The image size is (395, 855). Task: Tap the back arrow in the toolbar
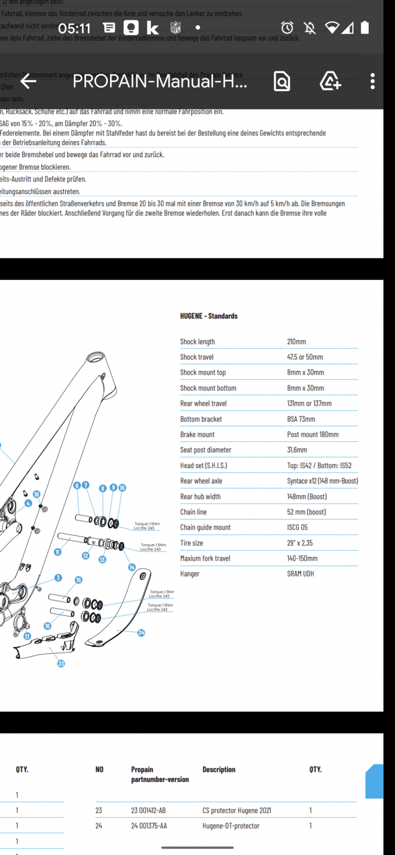pos(28,81)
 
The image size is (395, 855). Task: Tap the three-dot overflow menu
pos(373,81)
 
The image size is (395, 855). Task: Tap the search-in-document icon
pos(282,81)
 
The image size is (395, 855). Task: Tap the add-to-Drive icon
pos(330,81)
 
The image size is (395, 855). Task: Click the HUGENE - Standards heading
pos(208,316)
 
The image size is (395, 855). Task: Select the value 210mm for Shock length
pos(296,341)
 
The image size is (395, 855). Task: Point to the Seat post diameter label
pos(205,450)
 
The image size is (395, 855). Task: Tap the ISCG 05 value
pos(297,527)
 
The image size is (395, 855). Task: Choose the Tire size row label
pos(191,543)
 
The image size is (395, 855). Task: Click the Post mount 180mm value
pos(313,434)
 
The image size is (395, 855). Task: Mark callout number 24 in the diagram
pos(141,633)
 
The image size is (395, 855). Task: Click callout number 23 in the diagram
pos(61,663)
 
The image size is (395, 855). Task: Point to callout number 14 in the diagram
pos(131,568)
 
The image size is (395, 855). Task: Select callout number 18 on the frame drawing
pos(36,494)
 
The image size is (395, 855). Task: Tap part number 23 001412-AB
pos(148,810)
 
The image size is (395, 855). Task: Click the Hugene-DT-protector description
pos(231,826)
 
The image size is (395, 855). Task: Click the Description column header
pos(219,770)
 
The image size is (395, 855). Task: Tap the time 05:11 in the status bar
pos(74,28)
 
